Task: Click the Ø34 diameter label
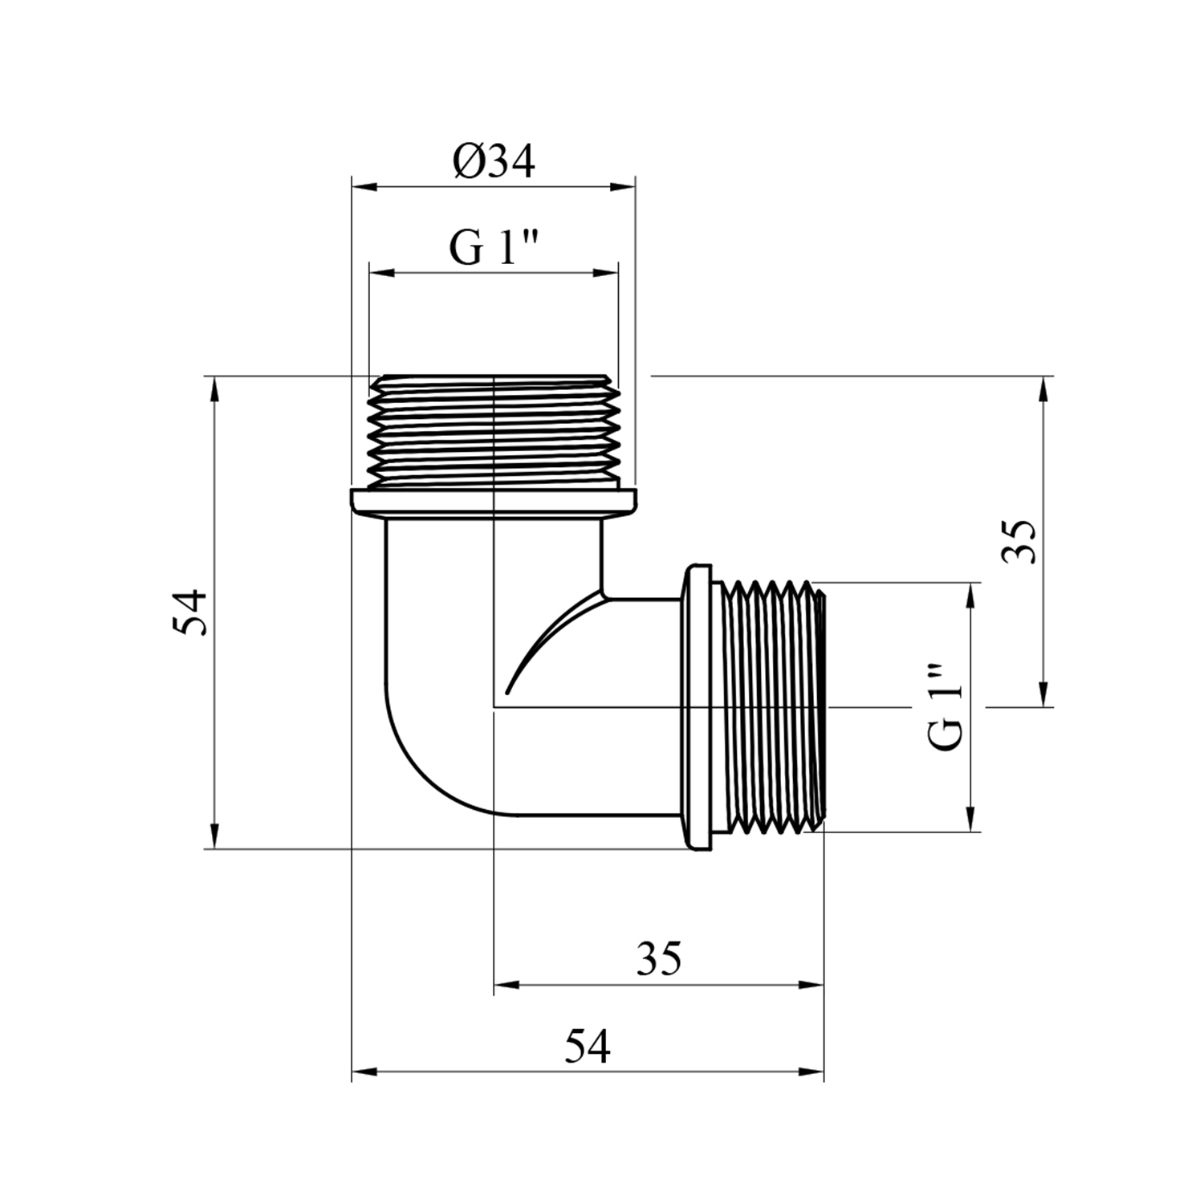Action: tap(493, 162)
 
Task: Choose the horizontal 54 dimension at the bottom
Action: tap(587, 1047)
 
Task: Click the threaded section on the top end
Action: tap(494, 431)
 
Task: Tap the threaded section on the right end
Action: tap(772, 707)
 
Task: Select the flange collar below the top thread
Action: tap(494, 503)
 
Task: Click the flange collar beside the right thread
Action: tap(697, 707)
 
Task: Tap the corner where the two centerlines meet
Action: tap(494, 707)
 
